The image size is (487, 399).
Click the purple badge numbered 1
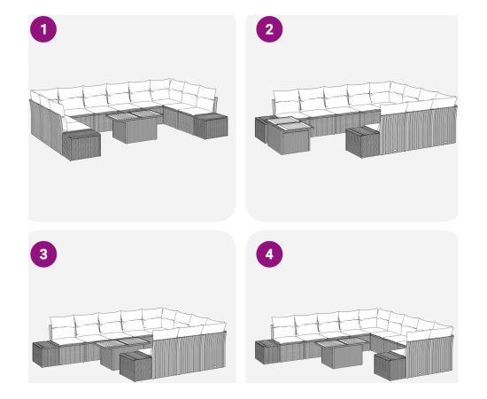[x=43, y=29]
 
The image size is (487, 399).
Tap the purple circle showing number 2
[x=269, y=29]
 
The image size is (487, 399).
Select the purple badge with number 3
[x=43, y=254]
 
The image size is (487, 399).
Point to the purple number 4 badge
[x=269, y=254]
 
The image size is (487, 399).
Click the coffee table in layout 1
[x=135, y=127]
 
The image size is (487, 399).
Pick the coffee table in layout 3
[x=122, y=352]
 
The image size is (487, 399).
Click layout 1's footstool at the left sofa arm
[x=81, y=145]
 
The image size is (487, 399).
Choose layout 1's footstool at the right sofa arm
[x=211, y=126]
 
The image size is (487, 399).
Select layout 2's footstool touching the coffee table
[x=262, y=129]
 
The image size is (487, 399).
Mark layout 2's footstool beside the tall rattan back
[x=362, y=142]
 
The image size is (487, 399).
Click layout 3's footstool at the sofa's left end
[x=46, y=354]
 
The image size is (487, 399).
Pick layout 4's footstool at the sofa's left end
[x=268, y=351]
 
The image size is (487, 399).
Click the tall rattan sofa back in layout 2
[x=418, y=131]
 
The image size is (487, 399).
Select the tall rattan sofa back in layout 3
[x=189, y=354]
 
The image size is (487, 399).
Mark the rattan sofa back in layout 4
[x=429, y=356]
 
